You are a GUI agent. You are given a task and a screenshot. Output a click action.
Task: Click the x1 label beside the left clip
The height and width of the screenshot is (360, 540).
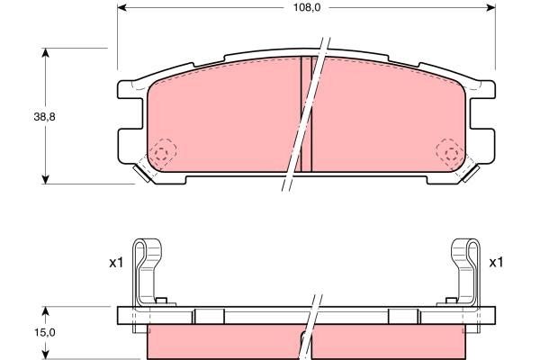pyautogui.click(x=114, y=263)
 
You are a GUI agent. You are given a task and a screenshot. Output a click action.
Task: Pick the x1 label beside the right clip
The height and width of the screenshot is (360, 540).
pyautogui.click(x=495, y=263)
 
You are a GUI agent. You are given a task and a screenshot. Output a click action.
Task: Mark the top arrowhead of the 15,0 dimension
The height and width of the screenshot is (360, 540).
pyautogui.click(x=44, y=312)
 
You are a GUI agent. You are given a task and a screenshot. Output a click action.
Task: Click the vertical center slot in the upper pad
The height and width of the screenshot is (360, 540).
pyautogui.click(x=305, y=112)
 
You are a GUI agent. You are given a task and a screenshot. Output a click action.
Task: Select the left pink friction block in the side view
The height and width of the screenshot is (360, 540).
pyautogui.click(x=220, y=342)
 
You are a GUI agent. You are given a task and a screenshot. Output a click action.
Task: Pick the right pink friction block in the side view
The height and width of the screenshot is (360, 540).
pyautogui.click(x=391, y=342)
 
